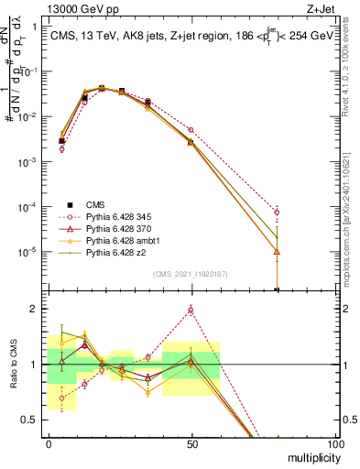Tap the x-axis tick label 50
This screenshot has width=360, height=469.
pos(191,443)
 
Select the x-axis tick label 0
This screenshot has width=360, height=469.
pos(49,443)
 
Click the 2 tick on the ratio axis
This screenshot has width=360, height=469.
pos(35,309)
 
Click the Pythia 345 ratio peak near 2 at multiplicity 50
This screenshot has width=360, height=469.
pos(191,311)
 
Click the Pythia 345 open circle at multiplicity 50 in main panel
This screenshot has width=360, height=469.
pos(191,130)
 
